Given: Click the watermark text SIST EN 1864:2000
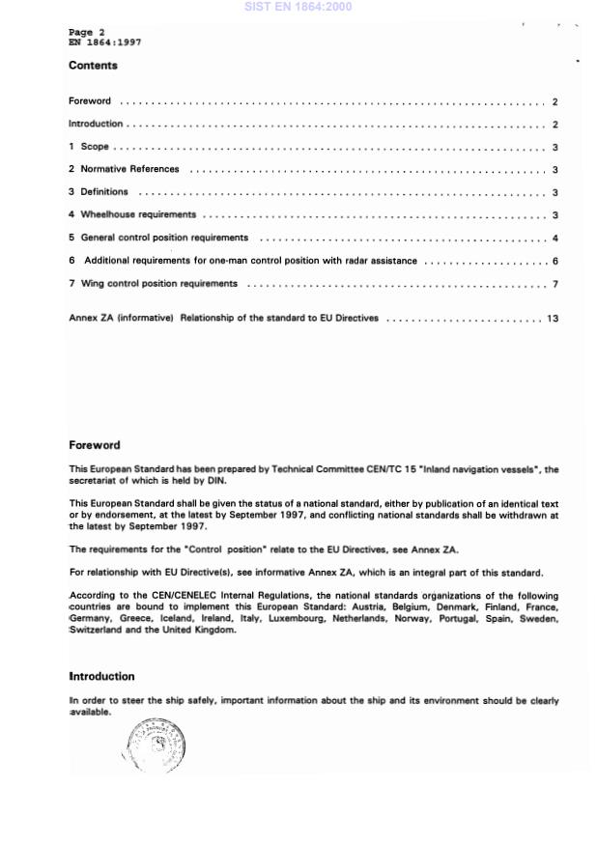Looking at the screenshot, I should pos(298,7).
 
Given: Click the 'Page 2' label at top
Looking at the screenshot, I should pos(87,32).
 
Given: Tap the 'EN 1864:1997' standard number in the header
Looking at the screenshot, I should pos(105,42).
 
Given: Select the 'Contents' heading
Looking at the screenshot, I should pos(93,66).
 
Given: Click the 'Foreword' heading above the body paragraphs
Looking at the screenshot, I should pos(95,445).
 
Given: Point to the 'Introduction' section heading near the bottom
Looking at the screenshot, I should pos(101,676).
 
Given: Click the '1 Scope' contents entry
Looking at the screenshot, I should pos(89,147).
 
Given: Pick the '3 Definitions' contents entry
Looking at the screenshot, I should pos(98,192).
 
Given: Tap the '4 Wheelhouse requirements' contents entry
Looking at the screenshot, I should pos(132,214).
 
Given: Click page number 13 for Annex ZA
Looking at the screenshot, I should pos(553,318).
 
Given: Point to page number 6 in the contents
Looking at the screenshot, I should pos(555,261).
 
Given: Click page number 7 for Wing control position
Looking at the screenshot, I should pos(555,284).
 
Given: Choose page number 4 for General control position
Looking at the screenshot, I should pos(555,238).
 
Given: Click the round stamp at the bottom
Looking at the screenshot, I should pos(155,746).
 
